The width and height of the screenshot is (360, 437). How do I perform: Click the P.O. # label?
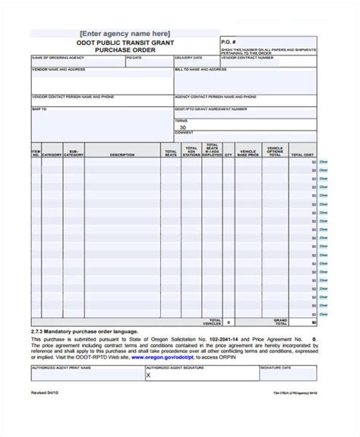[229, 40]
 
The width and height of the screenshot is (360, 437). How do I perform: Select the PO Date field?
[149, 61]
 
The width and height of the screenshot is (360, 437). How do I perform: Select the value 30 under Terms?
[182, 127]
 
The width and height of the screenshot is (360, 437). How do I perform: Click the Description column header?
[122, 154]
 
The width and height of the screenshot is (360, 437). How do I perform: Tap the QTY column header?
[227, 154]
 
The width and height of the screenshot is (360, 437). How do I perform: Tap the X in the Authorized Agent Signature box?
[148, 353]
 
